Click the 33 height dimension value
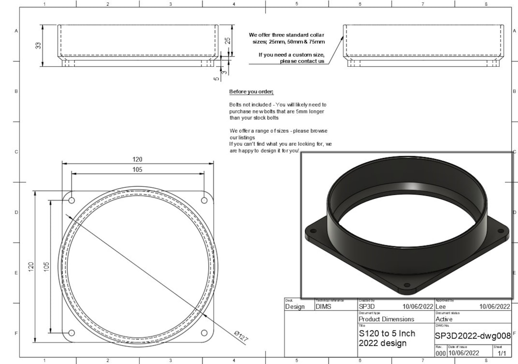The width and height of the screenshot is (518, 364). pos(38,45)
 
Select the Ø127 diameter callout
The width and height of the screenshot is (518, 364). pos(241,336)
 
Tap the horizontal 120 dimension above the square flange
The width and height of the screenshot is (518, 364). pos(137,159)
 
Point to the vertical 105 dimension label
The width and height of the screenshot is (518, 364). pos(47,267)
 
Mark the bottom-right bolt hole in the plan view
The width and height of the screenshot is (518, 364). pos(204,333)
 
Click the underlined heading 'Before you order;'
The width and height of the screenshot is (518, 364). pos(251,92)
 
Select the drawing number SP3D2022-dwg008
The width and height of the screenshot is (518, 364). pos(472,335)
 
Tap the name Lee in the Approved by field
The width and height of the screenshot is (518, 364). pos(441,306)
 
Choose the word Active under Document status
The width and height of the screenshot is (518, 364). pos(444,319)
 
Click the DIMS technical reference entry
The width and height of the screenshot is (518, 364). pos(323,306)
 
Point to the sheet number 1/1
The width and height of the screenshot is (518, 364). pos(502,353)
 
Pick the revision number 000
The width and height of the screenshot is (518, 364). pos(440,353)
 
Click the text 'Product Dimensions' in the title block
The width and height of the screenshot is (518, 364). pos(386,319)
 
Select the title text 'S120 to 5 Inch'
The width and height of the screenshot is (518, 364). pos(387,333)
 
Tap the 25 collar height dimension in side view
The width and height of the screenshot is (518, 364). pos(228,41)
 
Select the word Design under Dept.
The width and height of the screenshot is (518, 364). pos(294,307)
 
